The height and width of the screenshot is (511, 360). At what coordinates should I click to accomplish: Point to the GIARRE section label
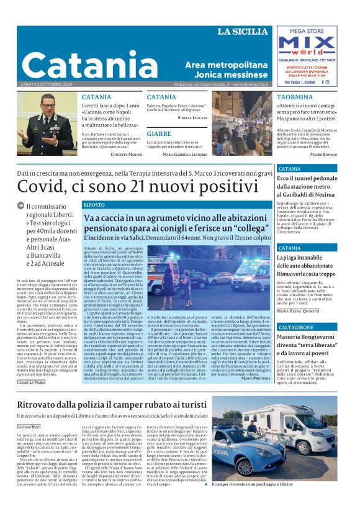[160, 134]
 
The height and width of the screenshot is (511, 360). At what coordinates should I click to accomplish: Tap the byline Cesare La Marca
[32, 381]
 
